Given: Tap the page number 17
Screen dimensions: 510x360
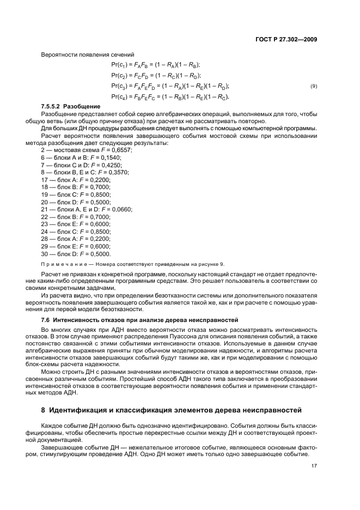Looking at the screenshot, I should pos(314,466).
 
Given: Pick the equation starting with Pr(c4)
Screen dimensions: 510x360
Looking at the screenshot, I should pos(170,96).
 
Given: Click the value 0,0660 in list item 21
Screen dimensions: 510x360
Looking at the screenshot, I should pos(123,209).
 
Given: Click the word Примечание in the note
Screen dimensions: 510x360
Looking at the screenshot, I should pos(61,264).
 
